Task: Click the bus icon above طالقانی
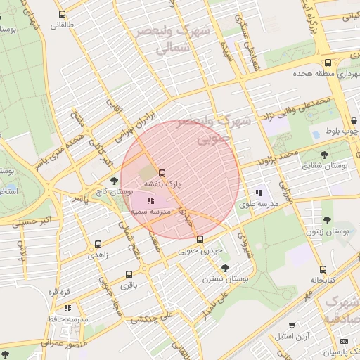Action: point(63,14)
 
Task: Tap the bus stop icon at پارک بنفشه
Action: point(162,172)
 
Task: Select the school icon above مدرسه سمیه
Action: point(150,201)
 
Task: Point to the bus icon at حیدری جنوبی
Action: point(200,239)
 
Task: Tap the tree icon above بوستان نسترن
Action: point(225,268)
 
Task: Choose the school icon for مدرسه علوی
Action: point(259,193)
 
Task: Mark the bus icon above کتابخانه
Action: point(322,269)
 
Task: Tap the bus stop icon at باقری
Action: point(129,275)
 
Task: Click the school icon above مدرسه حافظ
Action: point(67,308)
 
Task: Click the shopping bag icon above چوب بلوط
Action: point(316,132)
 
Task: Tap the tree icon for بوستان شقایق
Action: point(323,155)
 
